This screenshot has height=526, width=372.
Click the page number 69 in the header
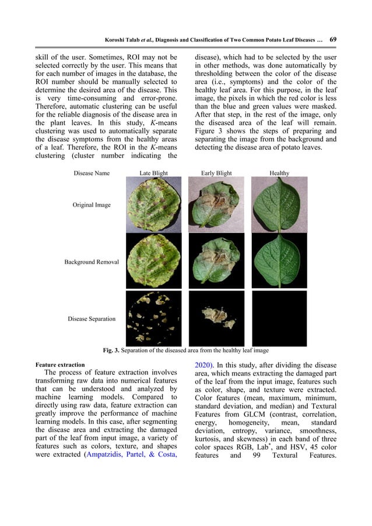[x=332, y=40]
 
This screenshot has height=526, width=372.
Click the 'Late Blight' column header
[x=153, y=173]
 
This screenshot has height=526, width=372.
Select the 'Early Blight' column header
[x=216, y=173]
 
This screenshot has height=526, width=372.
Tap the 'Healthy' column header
[x=279, y=173]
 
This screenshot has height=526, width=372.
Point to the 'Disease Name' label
[x=92, y=173]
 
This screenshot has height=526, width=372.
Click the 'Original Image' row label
[x=92, y=205]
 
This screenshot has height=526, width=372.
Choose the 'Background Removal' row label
[x=92, y=262]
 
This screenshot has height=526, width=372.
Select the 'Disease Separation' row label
[x=92, y=318]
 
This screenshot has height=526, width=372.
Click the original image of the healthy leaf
[x=279, y=205]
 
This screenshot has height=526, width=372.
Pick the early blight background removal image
[x=217, y=261]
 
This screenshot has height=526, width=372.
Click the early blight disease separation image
[x=217, y=318]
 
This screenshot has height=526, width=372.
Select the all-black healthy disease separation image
[x=279, y=318]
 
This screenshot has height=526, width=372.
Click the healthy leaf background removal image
[x=279, y=261]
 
